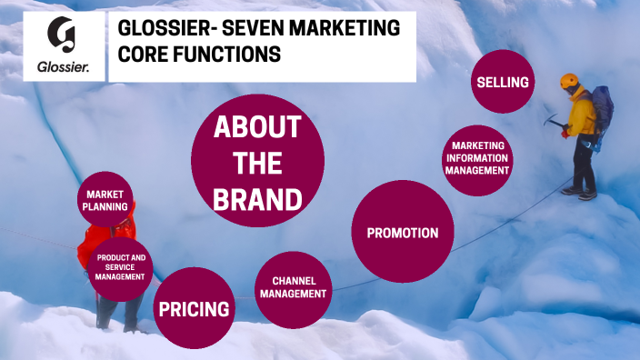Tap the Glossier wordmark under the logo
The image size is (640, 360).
[63, 66]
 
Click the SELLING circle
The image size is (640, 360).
[502, 83]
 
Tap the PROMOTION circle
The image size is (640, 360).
[402, 233]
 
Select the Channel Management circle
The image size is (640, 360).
[292, 288]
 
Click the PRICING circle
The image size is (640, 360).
[194, 309]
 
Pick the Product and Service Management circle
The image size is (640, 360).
[120, 269]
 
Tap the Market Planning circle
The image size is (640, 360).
[105, 200]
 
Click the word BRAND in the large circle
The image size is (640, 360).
[257, 199]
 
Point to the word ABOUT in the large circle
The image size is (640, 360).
[257, 128]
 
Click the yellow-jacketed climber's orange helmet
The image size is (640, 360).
[570, 80]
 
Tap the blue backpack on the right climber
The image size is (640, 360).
[602, 109]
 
